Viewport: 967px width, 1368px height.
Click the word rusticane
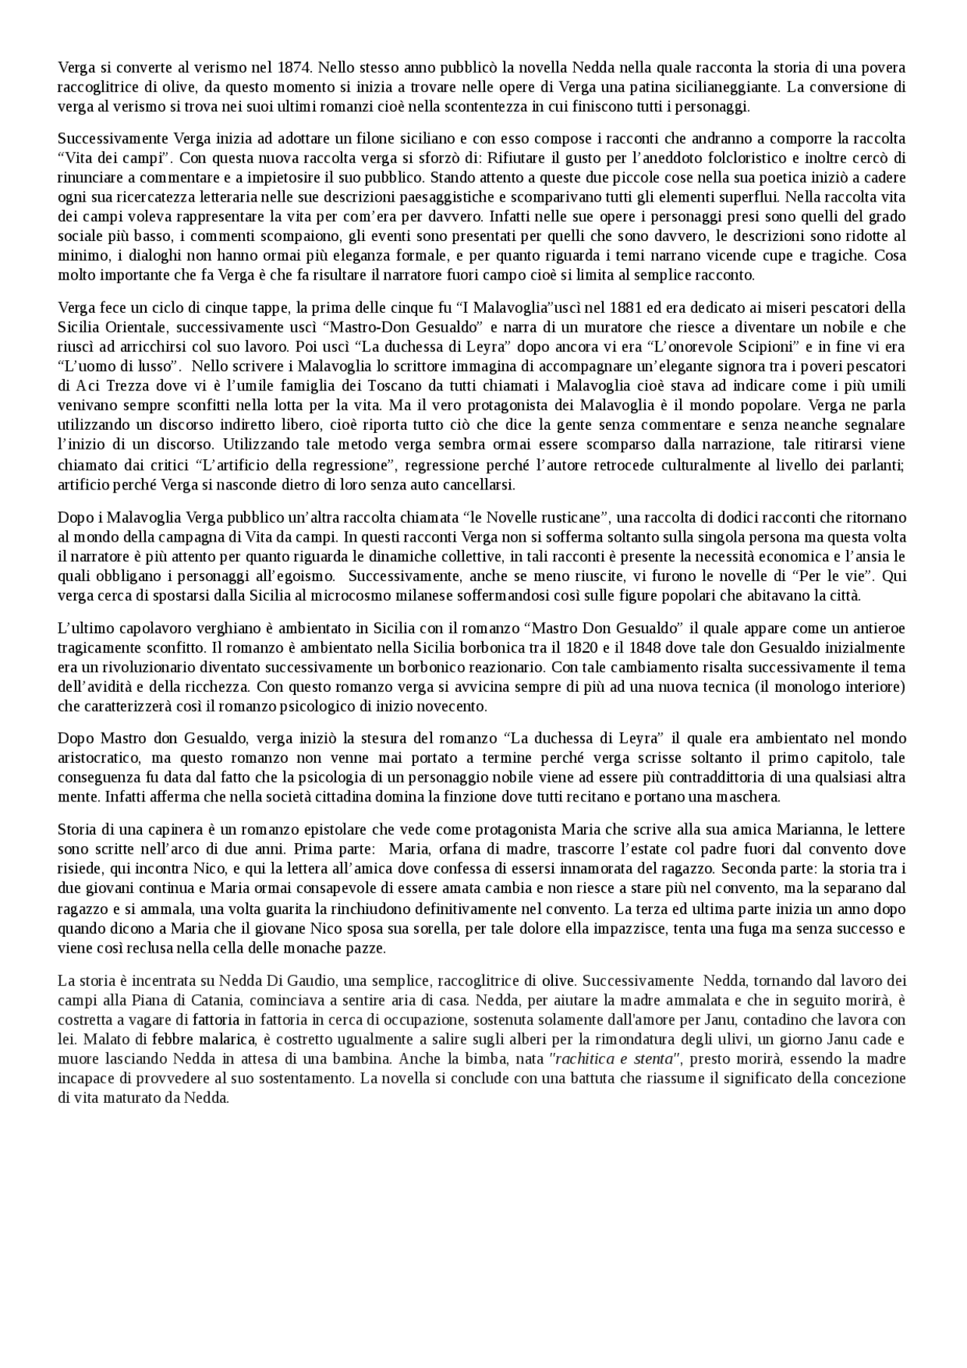pos(568,518)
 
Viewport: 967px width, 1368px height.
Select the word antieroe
pos(875,628)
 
